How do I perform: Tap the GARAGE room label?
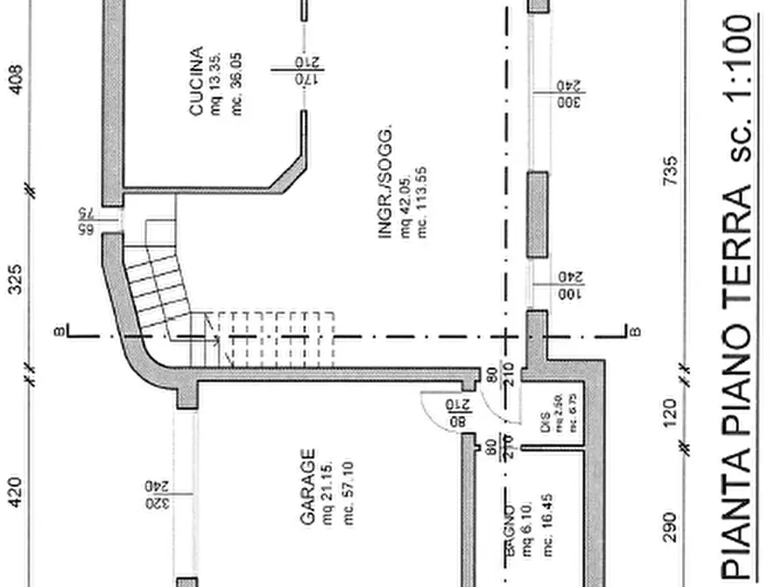click(x=307, y=487)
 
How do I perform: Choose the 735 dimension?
click(x=671, y=171)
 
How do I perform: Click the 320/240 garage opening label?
click(x=159, y=495)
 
